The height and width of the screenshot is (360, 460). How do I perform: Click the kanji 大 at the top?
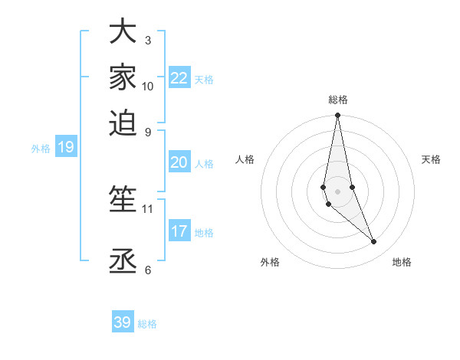pyautogui.click(x=123, y=32)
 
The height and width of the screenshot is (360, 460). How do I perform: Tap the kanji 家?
pyautogui.click(x=123, y=77)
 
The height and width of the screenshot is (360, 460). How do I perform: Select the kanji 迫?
pyautogui.click(x=123, y=123)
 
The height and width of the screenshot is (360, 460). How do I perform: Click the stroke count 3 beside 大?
pyautogui.click(x=147, y=40)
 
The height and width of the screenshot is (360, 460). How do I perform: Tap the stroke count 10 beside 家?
pyautogui.click(x=147, y=86)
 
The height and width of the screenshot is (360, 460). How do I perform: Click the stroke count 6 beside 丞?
pyautogui.click(x=147, y=270)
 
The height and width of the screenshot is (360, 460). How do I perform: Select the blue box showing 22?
pyautogui.click(x=179, y=78)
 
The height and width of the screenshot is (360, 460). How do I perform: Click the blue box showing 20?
pyautogui.click(x=179, y=162)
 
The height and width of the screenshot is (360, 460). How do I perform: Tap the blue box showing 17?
pyautogui.click(x=179, y=231)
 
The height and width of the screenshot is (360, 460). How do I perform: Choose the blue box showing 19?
pyautogui.click(x=66, y=148)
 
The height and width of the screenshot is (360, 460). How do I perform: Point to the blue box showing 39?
pyautogui.click(x=123, y=322)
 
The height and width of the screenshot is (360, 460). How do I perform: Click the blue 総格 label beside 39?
pyautogui.click(x=147, y=324)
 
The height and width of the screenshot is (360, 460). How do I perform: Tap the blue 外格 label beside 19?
pyautogui.click(x=41, y=149)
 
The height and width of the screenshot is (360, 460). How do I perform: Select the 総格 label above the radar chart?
pyautogui.click(x=337, y=100)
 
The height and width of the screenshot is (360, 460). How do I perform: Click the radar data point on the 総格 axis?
pyautogui.click(x=337, y=116)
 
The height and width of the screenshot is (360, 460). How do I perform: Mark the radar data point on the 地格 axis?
pyautogui.click(x=373, y=241)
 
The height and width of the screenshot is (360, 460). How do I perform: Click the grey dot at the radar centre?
pyautogui.click(x=337, y=191)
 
